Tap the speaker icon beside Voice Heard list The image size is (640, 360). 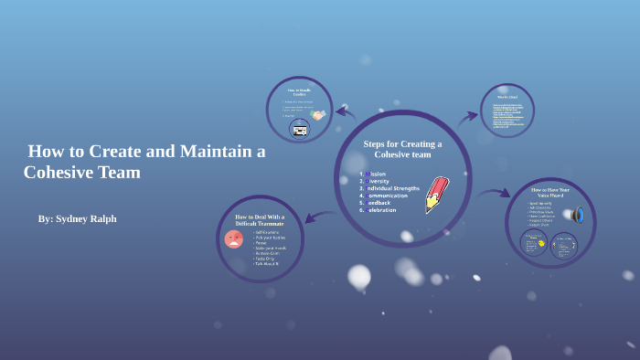(577, 215)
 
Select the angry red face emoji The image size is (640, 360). (234, 239)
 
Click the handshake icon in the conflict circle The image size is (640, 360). (317, 115)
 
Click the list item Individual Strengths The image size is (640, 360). (394, 188)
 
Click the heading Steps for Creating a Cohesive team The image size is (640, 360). (402, 149)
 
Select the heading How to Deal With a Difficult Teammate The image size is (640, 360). (260, 220)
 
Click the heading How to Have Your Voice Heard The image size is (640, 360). (550, 193)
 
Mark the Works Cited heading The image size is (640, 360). (508, 97)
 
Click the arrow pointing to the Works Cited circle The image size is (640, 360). (467, 117)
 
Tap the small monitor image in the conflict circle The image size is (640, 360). (299, 130)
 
